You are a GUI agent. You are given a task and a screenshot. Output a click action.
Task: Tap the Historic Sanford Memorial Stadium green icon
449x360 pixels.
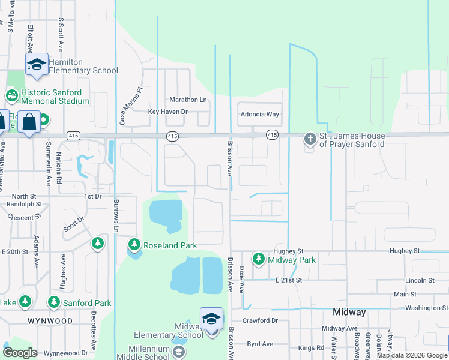(11, 95)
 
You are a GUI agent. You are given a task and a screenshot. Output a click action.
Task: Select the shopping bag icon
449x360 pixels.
(29, 122)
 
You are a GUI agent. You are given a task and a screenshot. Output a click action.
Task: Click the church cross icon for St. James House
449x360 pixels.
(310, 140)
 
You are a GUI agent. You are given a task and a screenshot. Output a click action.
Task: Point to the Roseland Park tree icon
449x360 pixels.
(134, 245)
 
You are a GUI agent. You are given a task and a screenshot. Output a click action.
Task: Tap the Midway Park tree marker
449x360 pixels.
(258, 259)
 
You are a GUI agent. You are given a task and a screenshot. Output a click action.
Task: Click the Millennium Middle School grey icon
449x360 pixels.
(178, 353)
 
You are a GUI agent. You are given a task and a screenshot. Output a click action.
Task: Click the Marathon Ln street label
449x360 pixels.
(188, 100)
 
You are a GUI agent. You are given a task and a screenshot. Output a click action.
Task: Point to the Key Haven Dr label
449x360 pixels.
(168, 112)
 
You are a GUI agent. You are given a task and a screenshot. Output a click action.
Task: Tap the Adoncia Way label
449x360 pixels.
(259, 114)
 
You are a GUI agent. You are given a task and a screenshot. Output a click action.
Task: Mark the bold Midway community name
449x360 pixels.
(349, 313)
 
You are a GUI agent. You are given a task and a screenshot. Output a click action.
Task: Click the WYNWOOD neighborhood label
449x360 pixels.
(50, 321)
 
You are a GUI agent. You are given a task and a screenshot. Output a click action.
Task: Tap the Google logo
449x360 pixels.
(20, 353)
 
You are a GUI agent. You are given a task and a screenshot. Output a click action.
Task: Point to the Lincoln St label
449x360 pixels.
(420, 280)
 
